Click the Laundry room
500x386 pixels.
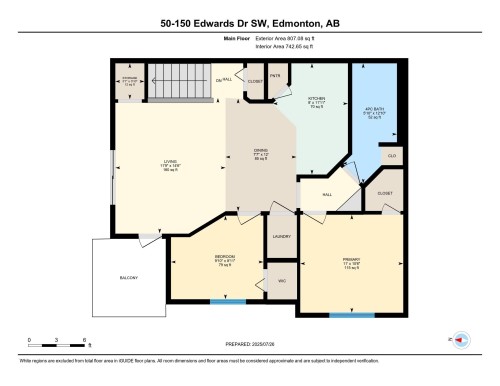281,236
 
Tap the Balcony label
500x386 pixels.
128,277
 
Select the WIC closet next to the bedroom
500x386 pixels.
281,281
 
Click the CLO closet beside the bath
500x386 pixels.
391,156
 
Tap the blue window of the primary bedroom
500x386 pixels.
346,315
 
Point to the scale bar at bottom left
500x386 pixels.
57,342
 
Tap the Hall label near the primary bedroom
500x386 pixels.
327,196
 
